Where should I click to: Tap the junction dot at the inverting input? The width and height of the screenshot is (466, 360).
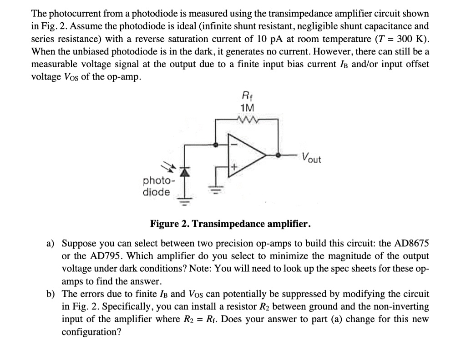point(216,145)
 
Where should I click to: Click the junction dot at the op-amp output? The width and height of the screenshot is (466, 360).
point(279,155)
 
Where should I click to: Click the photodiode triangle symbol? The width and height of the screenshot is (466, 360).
point(185,172)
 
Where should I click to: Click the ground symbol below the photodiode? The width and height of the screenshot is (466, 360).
point(185,199)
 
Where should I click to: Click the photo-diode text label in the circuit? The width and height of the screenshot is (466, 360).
point(157,186)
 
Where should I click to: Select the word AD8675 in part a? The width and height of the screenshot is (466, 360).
point(408,243)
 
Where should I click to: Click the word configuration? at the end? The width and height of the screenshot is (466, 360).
point(91,332)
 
